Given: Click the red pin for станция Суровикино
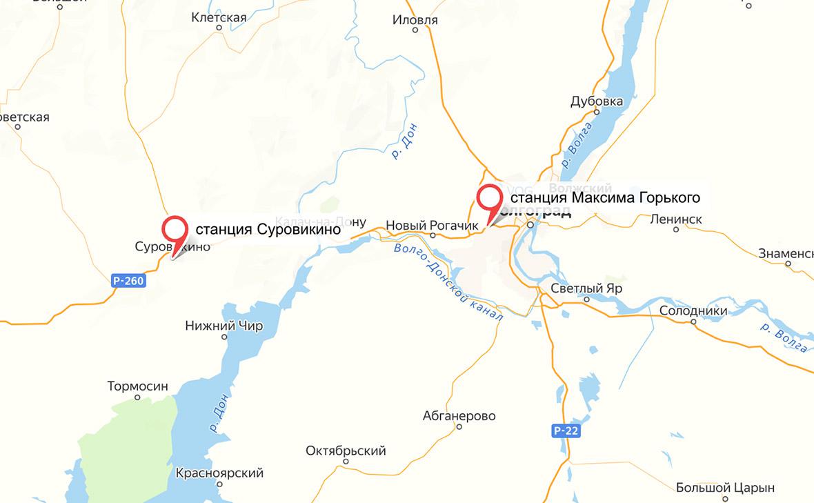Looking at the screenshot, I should click(175, 229).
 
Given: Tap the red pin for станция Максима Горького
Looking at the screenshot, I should click(490, 199).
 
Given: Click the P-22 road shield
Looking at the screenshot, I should click(566, 431).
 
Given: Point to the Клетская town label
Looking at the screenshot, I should click(219, 17).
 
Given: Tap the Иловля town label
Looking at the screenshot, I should click(415, 20).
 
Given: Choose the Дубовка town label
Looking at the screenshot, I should click(597, 101).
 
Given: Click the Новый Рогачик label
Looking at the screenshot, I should click(432, 225).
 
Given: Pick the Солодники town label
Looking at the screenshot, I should click(693, 310).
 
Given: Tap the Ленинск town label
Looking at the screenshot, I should click(676, 219).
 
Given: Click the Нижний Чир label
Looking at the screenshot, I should click(224, 326).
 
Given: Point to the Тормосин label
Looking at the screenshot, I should click(138, 386).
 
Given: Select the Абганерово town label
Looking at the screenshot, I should click(459, 416).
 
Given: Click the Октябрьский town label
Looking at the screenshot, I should click(346, 451).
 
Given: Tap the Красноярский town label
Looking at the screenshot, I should click(219, 473).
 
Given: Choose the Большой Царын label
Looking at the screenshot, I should click(725, 488).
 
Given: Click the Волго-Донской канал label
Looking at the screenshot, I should click(448, 279).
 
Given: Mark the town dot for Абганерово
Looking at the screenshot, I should click(459, 426).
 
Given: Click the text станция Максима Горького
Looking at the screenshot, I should click(605, 198).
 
